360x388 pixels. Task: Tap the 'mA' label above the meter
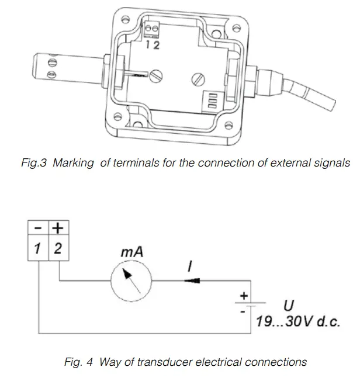(x=131, y=253)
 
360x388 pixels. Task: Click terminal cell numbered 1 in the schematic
(x=39, y=248)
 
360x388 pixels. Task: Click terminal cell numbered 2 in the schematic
(x=57, y=248)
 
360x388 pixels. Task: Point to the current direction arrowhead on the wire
(x=192, y=282)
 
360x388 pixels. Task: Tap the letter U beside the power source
(x=288, y=305)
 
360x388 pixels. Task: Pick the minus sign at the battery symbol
(x=243, y=313)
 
